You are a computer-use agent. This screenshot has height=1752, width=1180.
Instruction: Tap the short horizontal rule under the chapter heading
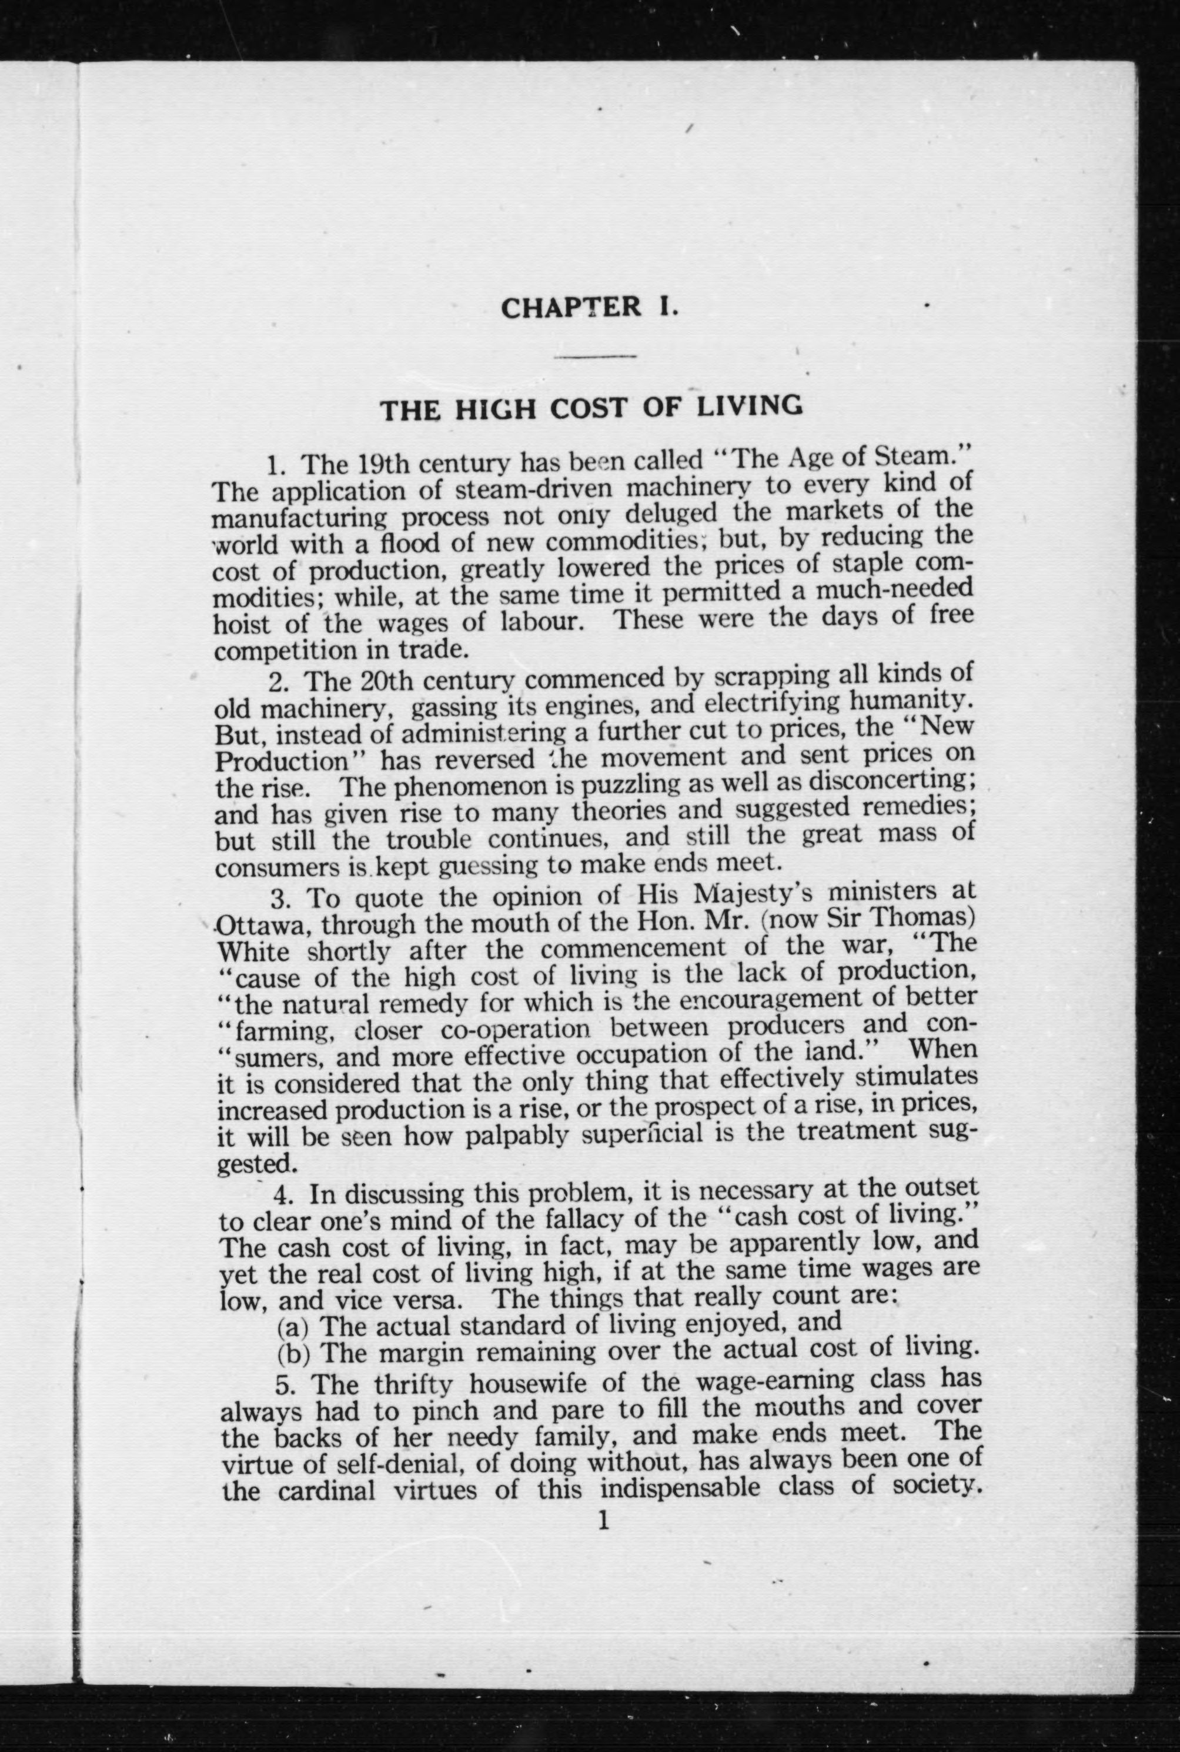pos(595,355)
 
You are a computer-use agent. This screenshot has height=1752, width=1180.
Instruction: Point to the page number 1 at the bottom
pos(601,1521)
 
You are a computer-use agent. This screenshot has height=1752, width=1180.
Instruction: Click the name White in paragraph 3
pos(256,951)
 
